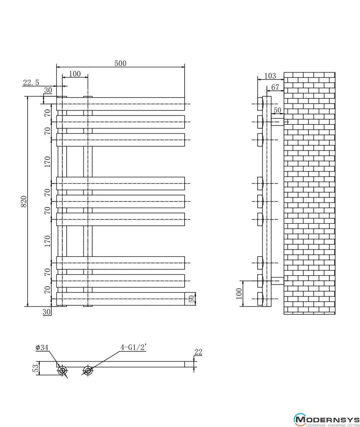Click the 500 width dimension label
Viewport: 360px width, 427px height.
point(120,63)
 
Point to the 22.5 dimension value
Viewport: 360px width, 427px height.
point(31,83)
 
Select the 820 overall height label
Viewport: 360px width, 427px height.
point(24,201)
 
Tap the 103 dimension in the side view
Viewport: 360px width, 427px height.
point(270,76)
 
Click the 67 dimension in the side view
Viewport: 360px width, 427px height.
point(275,87)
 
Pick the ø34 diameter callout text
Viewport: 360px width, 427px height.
point(42,348)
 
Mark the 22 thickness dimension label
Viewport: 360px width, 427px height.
point(198,352)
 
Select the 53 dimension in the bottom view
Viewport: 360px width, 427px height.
point(36,368)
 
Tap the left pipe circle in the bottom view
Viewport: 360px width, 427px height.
point(62,371)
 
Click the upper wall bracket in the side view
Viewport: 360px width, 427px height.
point(278,122)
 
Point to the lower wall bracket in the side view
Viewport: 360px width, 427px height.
point(278,281)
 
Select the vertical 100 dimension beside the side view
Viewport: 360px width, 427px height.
point(239,294)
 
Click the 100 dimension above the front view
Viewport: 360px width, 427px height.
point(75,74)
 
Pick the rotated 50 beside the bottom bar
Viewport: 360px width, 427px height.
point(191,299)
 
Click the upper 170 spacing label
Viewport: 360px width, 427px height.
point(47,161)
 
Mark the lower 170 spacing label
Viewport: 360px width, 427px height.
point(47,241)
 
